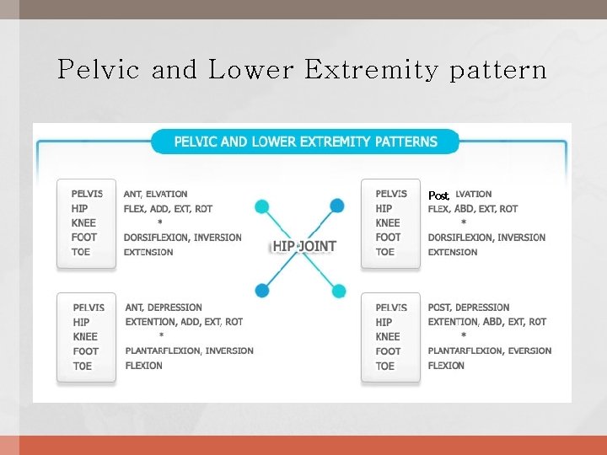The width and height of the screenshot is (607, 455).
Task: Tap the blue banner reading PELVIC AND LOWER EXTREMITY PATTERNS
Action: (305, 142)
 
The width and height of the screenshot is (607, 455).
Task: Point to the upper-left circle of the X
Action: (262, 206)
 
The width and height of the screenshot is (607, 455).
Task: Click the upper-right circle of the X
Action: (337, 205)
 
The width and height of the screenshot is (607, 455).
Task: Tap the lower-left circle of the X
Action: (262, 290)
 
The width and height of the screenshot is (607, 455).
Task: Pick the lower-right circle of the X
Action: (339, 292)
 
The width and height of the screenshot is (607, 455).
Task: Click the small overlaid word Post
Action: (438, 195)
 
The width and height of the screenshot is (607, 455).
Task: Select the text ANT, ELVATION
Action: (155, 194)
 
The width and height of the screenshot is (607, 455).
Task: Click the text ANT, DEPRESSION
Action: (164, 308)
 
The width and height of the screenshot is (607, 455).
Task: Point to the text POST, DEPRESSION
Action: (469, 308)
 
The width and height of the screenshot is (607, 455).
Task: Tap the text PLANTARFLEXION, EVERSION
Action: (490, 351)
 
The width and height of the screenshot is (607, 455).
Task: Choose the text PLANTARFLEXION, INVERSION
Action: (189, 351)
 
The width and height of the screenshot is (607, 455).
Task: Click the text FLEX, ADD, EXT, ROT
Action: (168, 208)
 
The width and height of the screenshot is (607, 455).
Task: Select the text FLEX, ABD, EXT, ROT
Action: (473, 208)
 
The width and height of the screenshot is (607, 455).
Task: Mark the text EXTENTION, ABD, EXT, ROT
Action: (487, 322)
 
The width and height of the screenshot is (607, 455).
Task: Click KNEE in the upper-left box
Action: (84, 222)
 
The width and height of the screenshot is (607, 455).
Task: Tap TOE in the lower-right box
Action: (385, 366)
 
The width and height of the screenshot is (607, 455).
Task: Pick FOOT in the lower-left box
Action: (86, 351)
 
